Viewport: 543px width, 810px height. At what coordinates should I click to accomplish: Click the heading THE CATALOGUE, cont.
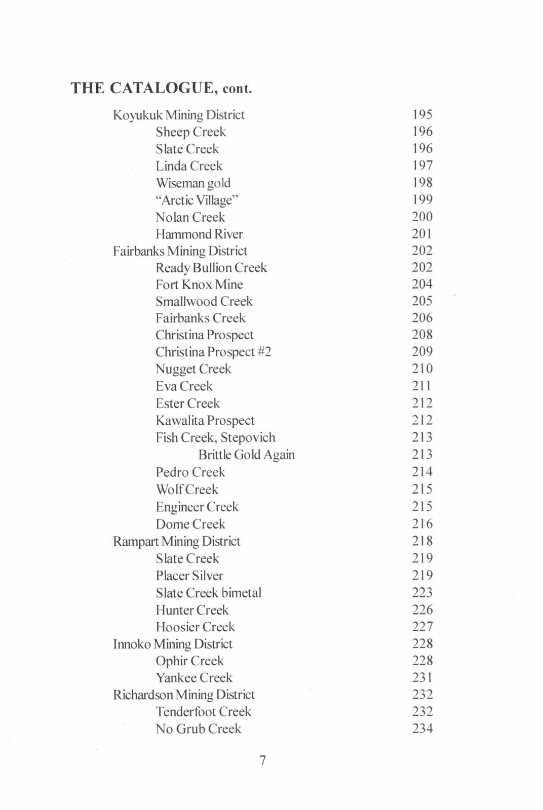click(x=161, y=88)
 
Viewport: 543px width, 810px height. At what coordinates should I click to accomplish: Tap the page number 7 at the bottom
click(x=262, y=760)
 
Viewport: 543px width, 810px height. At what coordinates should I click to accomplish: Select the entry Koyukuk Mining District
click(x=178, y=115)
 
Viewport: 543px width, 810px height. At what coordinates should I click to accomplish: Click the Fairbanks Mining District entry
click(x=180, y=251)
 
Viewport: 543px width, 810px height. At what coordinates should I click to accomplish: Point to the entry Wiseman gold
click(x=193, y=183)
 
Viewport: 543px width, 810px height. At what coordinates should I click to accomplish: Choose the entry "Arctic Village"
click(x=197, y=200)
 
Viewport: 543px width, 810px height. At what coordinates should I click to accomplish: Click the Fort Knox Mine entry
click(x=199, y=285)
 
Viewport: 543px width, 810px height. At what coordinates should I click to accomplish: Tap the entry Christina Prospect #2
click(x=213, y=352)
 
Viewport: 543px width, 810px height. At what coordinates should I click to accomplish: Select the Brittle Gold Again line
click(x=246, y=455)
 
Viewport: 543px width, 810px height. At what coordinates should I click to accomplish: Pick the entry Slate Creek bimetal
click(x=208, y=593)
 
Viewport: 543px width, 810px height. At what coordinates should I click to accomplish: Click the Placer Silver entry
click(x=189, y=576)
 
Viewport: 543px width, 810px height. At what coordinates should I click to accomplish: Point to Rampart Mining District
click(x=176, y=541)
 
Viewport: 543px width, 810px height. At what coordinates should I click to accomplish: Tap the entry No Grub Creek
click(x=198, y=728)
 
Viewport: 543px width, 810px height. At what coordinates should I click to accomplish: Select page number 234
click(x=422, y=728)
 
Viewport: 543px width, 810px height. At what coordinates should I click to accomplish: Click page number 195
click(x=422, y=114)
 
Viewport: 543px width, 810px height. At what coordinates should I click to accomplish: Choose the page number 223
click(x=422, y=592)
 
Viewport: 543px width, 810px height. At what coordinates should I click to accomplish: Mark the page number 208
click(x=422, y=335)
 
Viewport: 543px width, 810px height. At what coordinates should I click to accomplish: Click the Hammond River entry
click(x=199, y=234)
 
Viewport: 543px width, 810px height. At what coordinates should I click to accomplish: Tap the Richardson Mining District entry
click(x=183, y=695)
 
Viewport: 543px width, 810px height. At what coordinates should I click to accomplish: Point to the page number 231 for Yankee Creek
click(x=422, y=677)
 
